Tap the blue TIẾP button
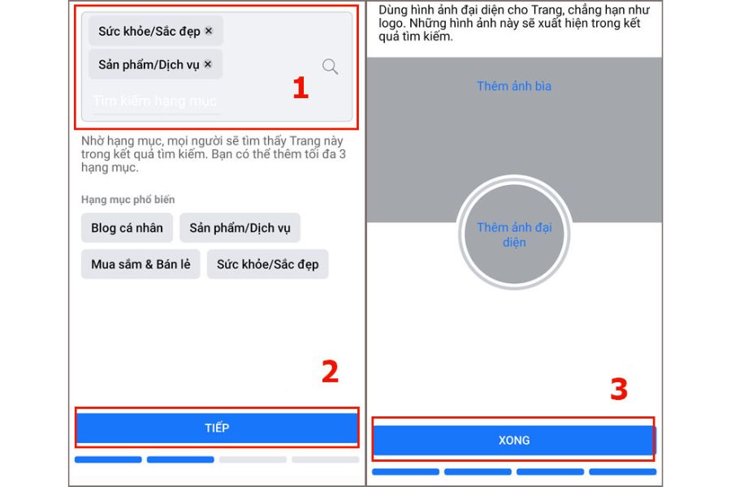(217, 428)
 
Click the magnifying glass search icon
(330, 67)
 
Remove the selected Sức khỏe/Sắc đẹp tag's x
(209, 31)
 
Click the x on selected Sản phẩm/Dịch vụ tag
(208, 64)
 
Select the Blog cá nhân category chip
(127, 228)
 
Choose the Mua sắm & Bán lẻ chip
(141, 265)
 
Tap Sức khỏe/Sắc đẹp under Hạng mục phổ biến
(267, 265)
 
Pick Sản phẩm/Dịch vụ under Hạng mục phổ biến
(240, 228)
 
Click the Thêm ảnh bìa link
(514, 86)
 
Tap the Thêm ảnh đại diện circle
(514, 234)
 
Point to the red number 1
(301, 88)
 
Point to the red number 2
(330, 372)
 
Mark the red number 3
(619, 389)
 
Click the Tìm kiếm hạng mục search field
(154, 101)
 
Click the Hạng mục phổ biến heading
(128, 200)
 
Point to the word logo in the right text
(390, 24)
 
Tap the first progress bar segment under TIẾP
(108, 459)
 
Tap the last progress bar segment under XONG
(622, 472)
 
